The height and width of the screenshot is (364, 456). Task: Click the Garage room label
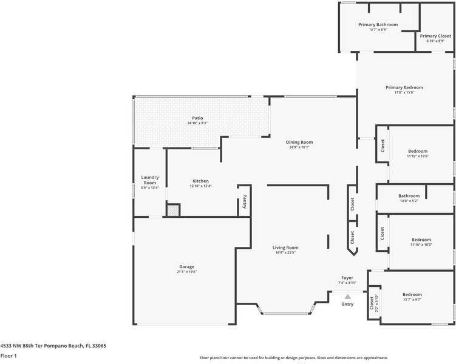tap(186, 266)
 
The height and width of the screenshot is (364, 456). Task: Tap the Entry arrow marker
tap(347, 297)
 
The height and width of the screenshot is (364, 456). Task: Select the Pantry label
tap(245, 201)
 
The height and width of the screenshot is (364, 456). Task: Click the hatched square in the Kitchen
tap(174, 211)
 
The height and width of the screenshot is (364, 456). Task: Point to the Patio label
tap(197, 118)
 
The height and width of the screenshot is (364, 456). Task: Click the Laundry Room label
tap(150, 180)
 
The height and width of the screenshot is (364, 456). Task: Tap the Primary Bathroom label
tap(378, 25)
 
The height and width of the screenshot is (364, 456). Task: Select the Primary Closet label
tap(435, 36)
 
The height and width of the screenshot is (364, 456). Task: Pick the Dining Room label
tap(299, 142)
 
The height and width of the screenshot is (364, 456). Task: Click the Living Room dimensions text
tap(284, 252)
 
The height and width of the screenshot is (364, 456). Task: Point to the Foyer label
tap(347, 277)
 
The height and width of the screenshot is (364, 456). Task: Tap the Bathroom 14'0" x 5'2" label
tap(409, 196)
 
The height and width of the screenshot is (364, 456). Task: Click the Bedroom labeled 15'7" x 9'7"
tap(412, 295)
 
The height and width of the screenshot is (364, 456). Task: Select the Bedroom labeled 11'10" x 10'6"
tap(417, 151)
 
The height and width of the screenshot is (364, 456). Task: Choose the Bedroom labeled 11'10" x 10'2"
tap(421, 240)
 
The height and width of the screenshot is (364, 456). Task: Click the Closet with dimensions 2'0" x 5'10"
tap(374, 302)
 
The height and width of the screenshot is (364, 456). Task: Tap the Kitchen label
tap(200, 181)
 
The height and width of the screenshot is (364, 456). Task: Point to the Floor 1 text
tap(9, 356)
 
